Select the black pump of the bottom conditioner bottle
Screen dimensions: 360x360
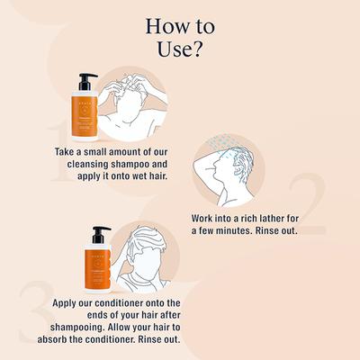[99, 233]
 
